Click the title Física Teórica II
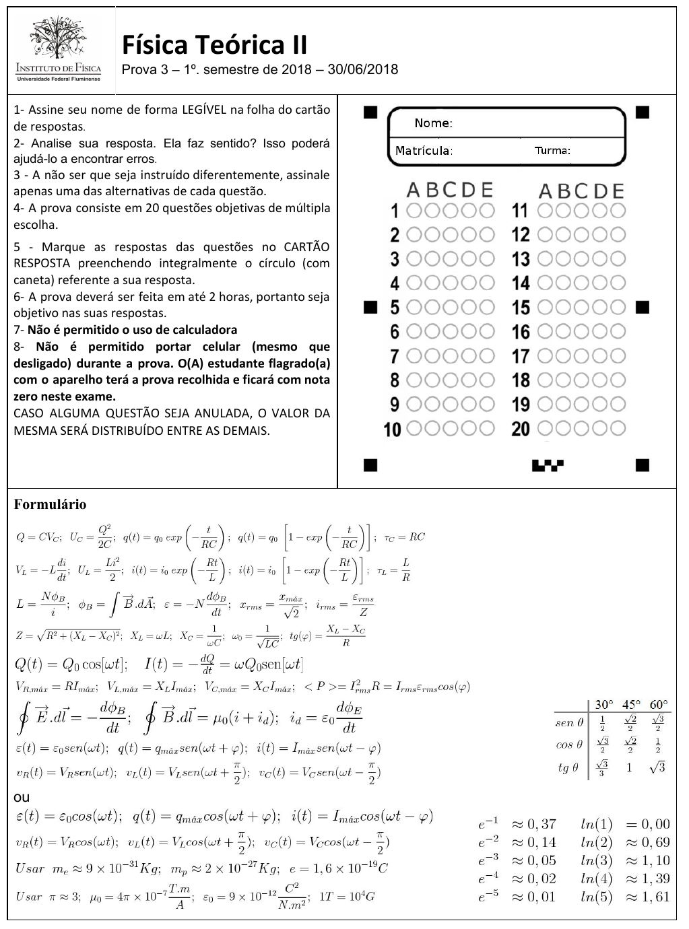[x=215, y=46]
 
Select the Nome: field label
[x=433, y=123]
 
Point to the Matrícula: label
[x=424, y=151]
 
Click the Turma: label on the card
[x=552, y=151]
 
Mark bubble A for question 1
[x=414, y=211]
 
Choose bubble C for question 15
[x=582, y=307]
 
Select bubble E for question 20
[x=618, y=428]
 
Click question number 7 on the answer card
[x=395, y=355]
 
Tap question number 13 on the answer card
[x=521, y=259]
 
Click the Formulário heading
[x=50, y=504]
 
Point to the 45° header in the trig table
[x=630, y=705]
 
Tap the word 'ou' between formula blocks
[x=22, y=797]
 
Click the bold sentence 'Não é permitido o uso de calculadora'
[x=132, y=330]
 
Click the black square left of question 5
[x=369, y=307]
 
